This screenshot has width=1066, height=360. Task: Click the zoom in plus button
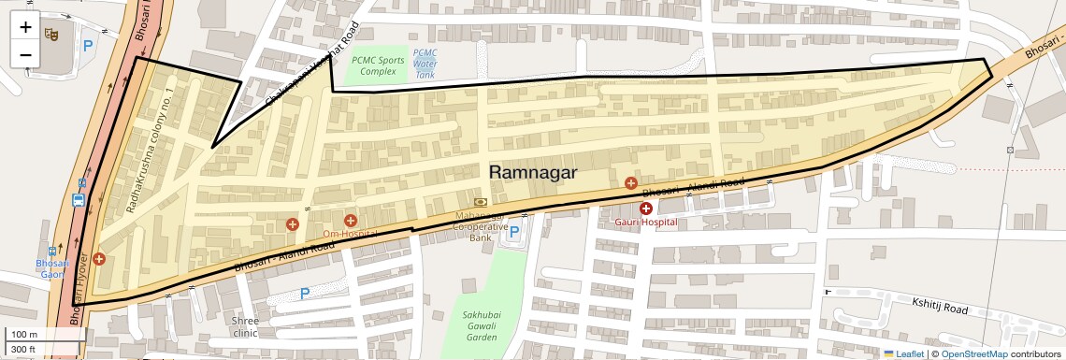[x=25, y=27]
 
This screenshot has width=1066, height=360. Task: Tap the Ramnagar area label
[x=533, y=172]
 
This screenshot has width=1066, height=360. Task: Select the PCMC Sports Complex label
[x=373, y=65]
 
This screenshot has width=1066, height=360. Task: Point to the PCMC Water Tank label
[x=425, y=64]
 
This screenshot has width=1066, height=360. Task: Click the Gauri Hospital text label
[x=645, y=223]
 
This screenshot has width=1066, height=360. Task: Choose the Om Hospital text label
[x=350, y=233]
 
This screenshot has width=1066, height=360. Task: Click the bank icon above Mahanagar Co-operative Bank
[x=481, y=201]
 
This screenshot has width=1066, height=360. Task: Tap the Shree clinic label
[x=245, y=325]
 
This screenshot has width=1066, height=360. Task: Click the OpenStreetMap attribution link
[x=973, y=353]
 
